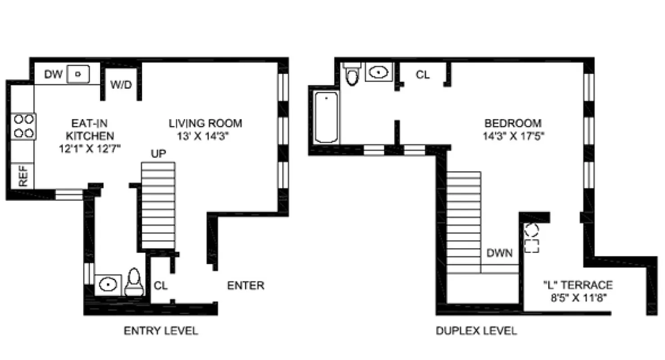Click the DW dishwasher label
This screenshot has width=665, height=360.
53,74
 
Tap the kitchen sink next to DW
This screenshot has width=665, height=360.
78,74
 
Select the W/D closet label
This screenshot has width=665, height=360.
121,84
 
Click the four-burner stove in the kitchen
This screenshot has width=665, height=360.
23,126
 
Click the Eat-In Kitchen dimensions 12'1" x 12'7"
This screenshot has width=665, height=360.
90,148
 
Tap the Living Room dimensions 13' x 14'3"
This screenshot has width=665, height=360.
205,135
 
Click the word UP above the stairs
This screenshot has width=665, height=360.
158,154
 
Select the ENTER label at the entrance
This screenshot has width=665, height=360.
245,285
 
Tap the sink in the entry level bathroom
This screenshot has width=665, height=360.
108,284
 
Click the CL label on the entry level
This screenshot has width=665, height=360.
161,286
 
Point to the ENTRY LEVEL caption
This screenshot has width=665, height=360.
161,331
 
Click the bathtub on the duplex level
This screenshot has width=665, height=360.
326,117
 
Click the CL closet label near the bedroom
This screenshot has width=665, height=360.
422,75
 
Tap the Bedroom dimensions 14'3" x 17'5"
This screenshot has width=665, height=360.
513,135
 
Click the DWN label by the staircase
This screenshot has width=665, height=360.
500,253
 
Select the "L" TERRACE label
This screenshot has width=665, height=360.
578,284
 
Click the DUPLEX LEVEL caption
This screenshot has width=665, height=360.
476,331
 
